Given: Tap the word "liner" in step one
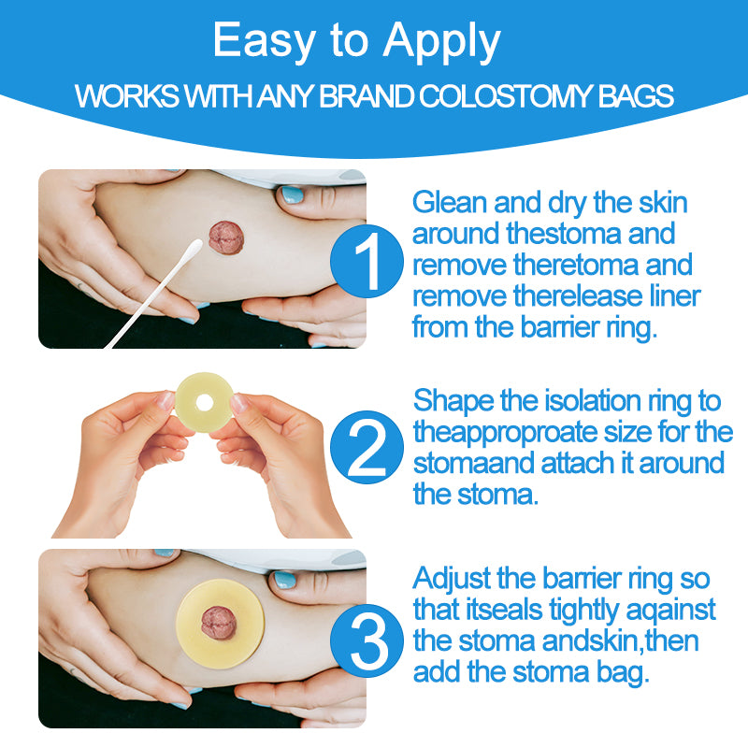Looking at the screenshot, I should pos(669,296).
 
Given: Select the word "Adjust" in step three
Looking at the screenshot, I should pos(450,578).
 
